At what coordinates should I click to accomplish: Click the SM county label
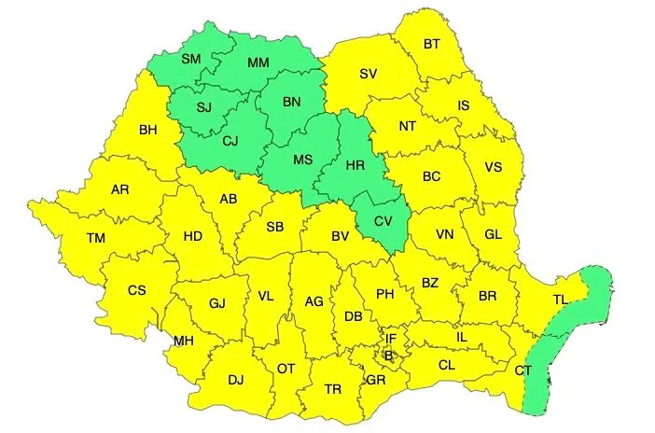point(191,59)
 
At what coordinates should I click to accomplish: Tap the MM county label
point(258,63)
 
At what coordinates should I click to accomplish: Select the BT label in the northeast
point(432,44)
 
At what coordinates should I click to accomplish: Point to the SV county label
point(369,74)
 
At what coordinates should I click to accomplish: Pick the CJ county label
point(232,141)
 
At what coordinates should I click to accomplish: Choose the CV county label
point(383,221)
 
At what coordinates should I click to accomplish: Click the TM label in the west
point(96,238)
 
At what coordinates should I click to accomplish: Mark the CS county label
point(137,290)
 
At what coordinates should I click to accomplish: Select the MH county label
point(183,341)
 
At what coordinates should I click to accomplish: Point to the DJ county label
point(235,379)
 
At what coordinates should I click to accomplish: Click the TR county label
point(332,388)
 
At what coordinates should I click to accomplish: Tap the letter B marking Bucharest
point(389,355)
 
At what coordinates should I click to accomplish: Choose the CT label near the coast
point(523,371)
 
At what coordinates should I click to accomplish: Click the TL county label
point(560,300)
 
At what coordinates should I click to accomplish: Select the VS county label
point(495,168)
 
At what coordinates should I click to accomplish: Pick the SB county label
point(274,228)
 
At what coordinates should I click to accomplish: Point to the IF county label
point(392,339)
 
